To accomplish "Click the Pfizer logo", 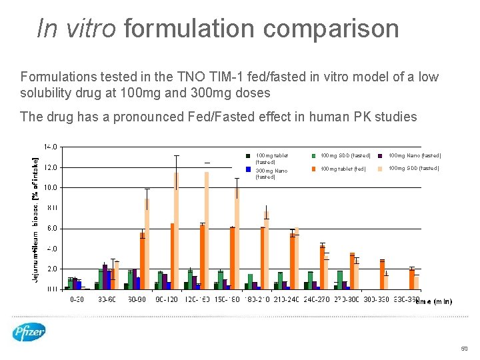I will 29,331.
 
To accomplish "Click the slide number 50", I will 464,349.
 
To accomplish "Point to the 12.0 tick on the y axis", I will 51,167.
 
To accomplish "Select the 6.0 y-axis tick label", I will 52,229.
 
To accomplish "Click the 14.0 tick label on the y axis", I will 51,146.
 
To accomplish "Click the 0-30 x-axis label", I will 77,300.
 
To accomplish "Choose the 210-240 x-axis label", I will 288,300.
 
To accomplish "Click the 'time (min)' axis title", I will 433,301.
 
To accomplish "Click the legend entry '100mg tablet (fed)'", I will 343,169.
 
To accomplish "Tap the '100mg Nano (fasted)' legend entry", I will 414,156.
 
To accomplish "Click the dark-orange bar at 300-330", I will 383,274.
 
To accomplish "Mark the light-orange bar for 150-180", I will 237,238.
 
